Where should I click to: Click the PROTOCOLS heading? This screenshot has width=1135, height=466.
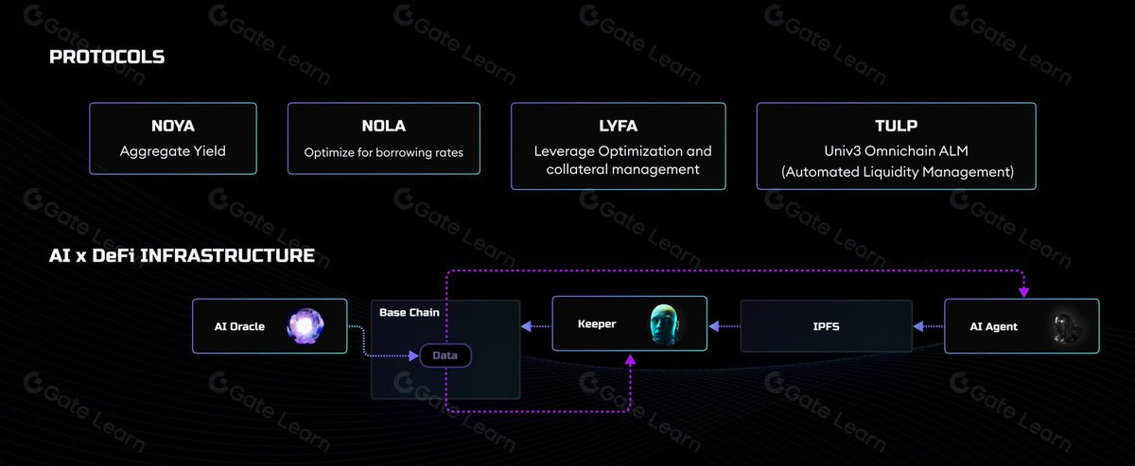click(107, 57)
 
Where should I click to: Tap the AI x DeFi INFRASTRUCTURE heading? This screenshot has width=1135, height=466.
click(182, 256)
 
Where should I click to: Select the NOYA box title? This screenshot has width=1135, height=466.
click(173, 126)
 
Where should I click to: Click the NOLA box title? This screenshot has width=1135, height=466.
click(384, 126)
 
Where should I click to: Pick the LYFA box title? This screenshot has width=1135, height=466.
click(619, 126)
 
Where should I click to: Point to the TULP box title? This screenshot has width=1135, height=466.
click(896, 126)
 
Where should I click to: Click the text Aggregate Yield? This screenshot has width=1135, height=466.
click(173, 151)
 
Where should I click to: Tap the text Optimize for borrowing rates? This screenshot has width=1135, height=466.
click(384, 152)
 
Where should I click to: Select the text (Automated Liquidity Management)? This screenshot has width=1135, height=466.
click(898, 172)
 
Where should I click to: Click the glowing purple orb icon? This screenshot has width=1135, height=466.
click(305, 326)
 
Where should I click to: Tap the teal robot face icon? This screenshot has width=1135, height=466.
click(664, 324)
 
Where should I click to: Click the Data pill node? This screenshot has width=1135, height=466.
click(445, 355)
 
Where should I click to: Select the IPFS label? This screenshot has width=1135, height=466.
click(826, 327)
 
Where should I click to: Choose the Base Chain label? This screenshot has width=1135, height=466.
click(410, 313)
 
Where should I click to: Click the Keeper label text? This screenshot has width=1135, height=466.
click(597, 324)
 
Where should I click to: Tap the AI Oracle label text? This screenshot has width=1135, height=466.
click(239, 327)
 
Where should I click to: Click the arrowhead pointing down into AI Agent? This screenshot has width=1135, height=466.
click(1023, 292)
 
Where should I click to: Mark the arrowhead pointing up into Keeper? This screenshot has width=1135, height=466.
click(630, 360)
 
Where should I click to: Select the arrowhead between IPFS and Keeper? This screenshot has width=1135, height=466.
click(714, 327)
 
